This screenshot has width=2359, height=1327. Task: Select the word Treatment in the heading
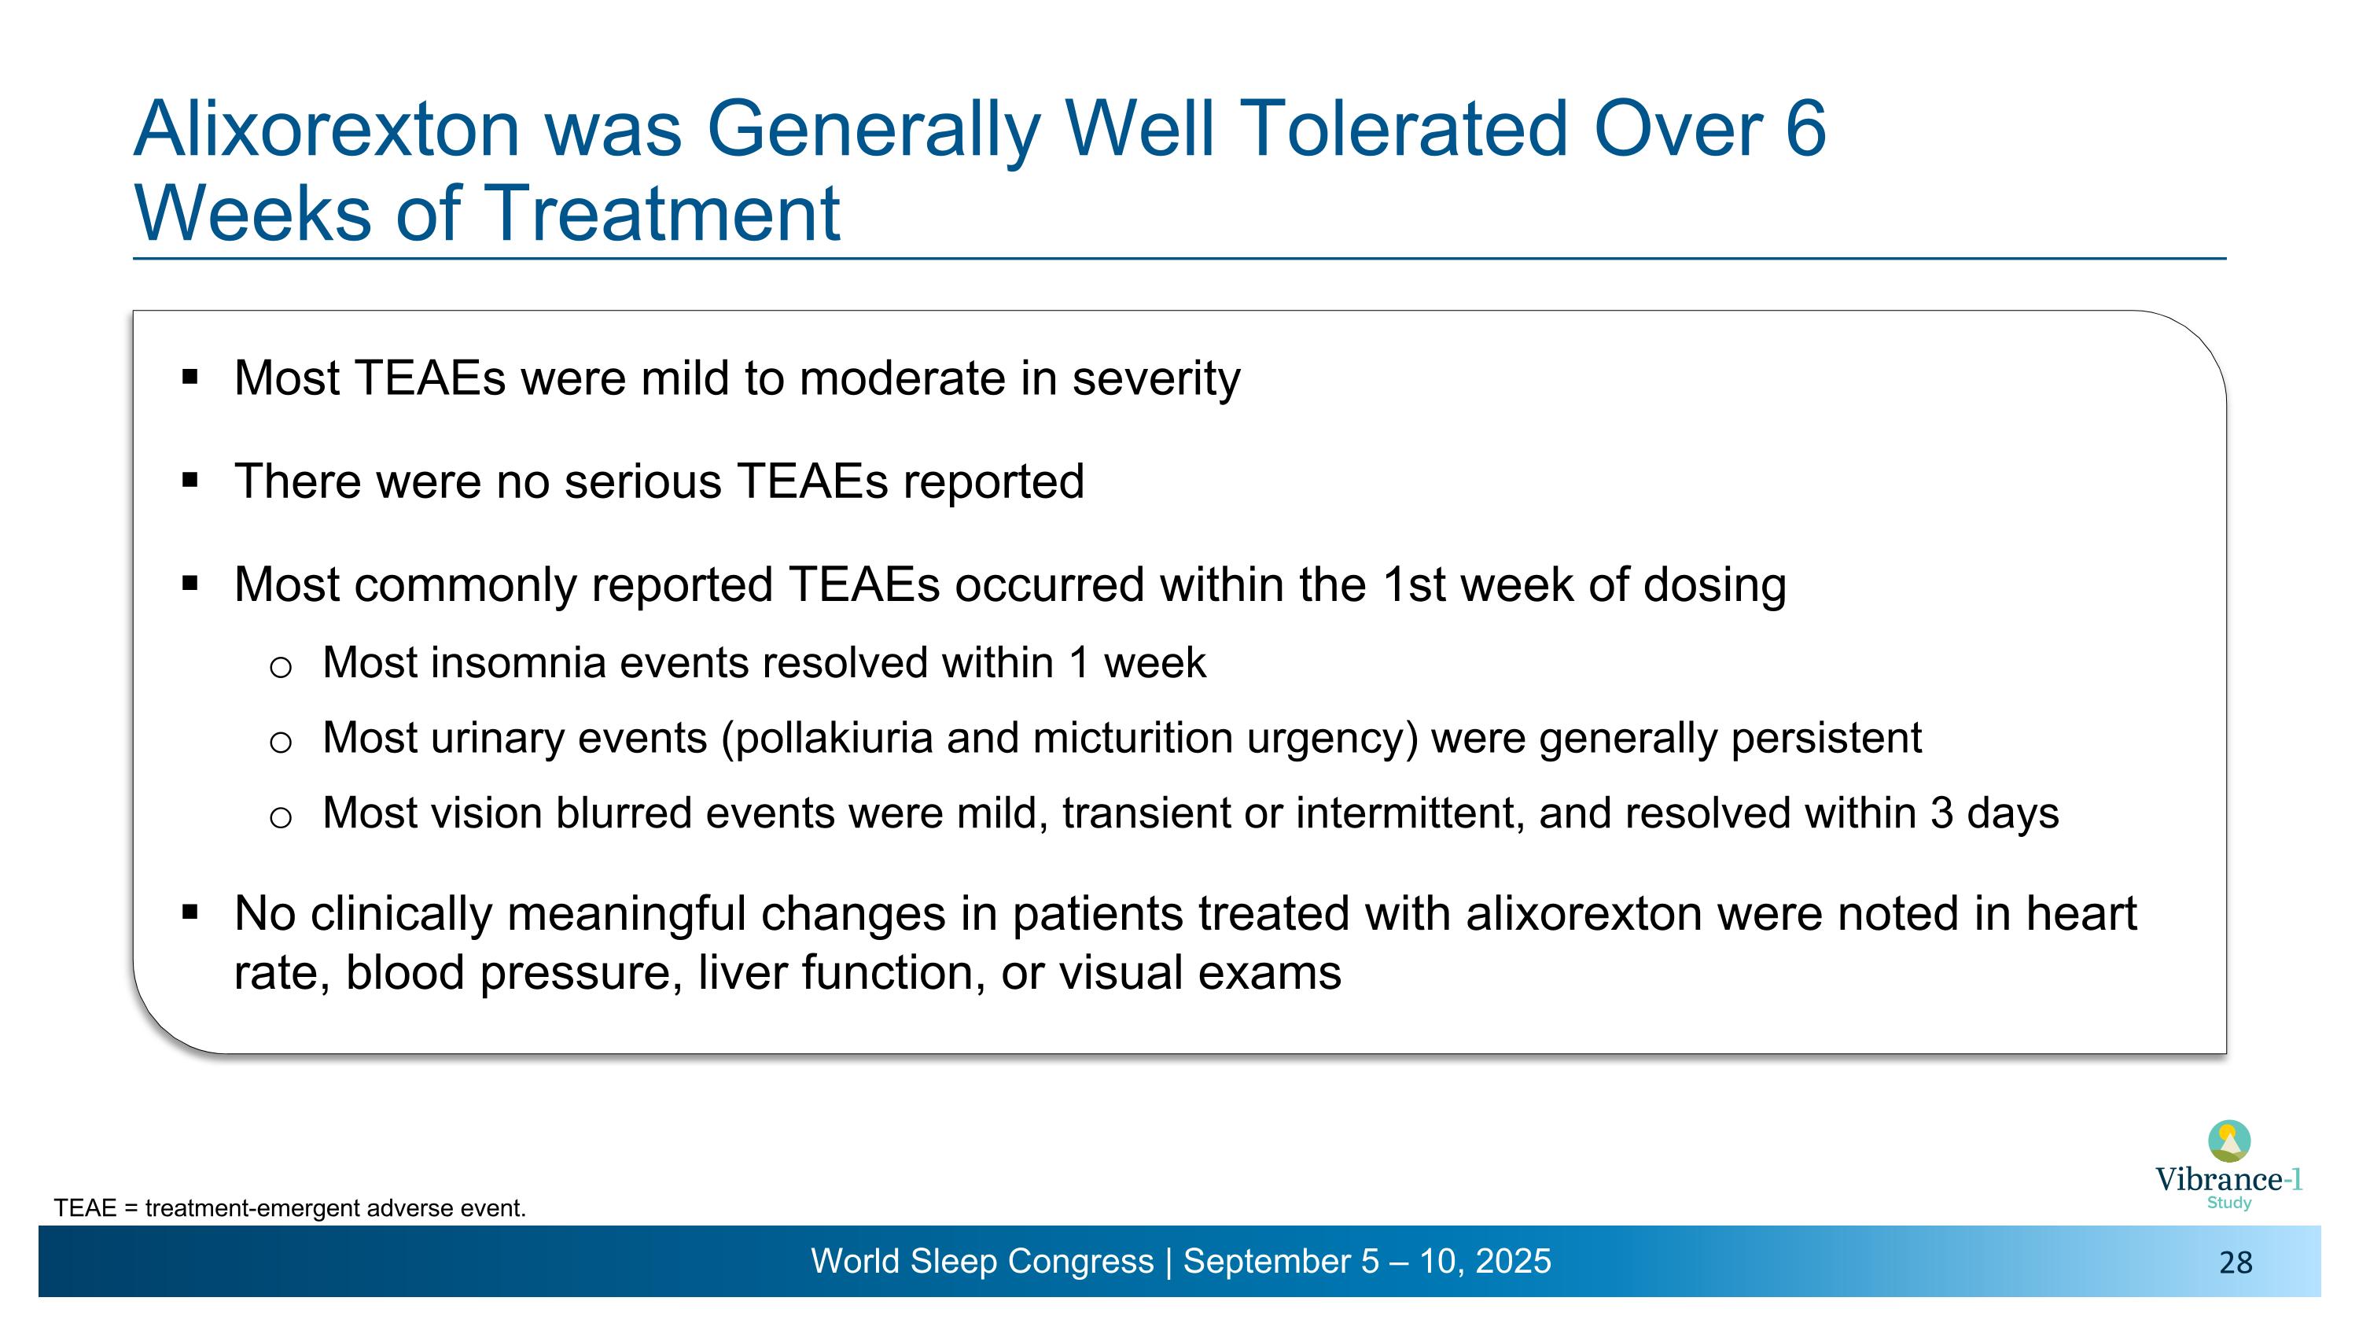point(661,213)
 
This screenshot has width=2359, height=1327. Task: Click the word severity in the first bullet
point(1156,378)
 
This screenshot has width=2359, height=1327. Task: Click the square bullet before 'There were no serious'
point(190,480)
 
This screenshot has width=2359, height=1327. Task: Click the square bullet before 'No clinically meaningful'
point(190,912)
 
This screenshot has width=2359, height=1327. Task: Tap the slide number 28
point(2236,1264)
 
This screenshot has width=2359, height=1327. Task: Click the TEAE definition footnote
point(289,1209)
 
